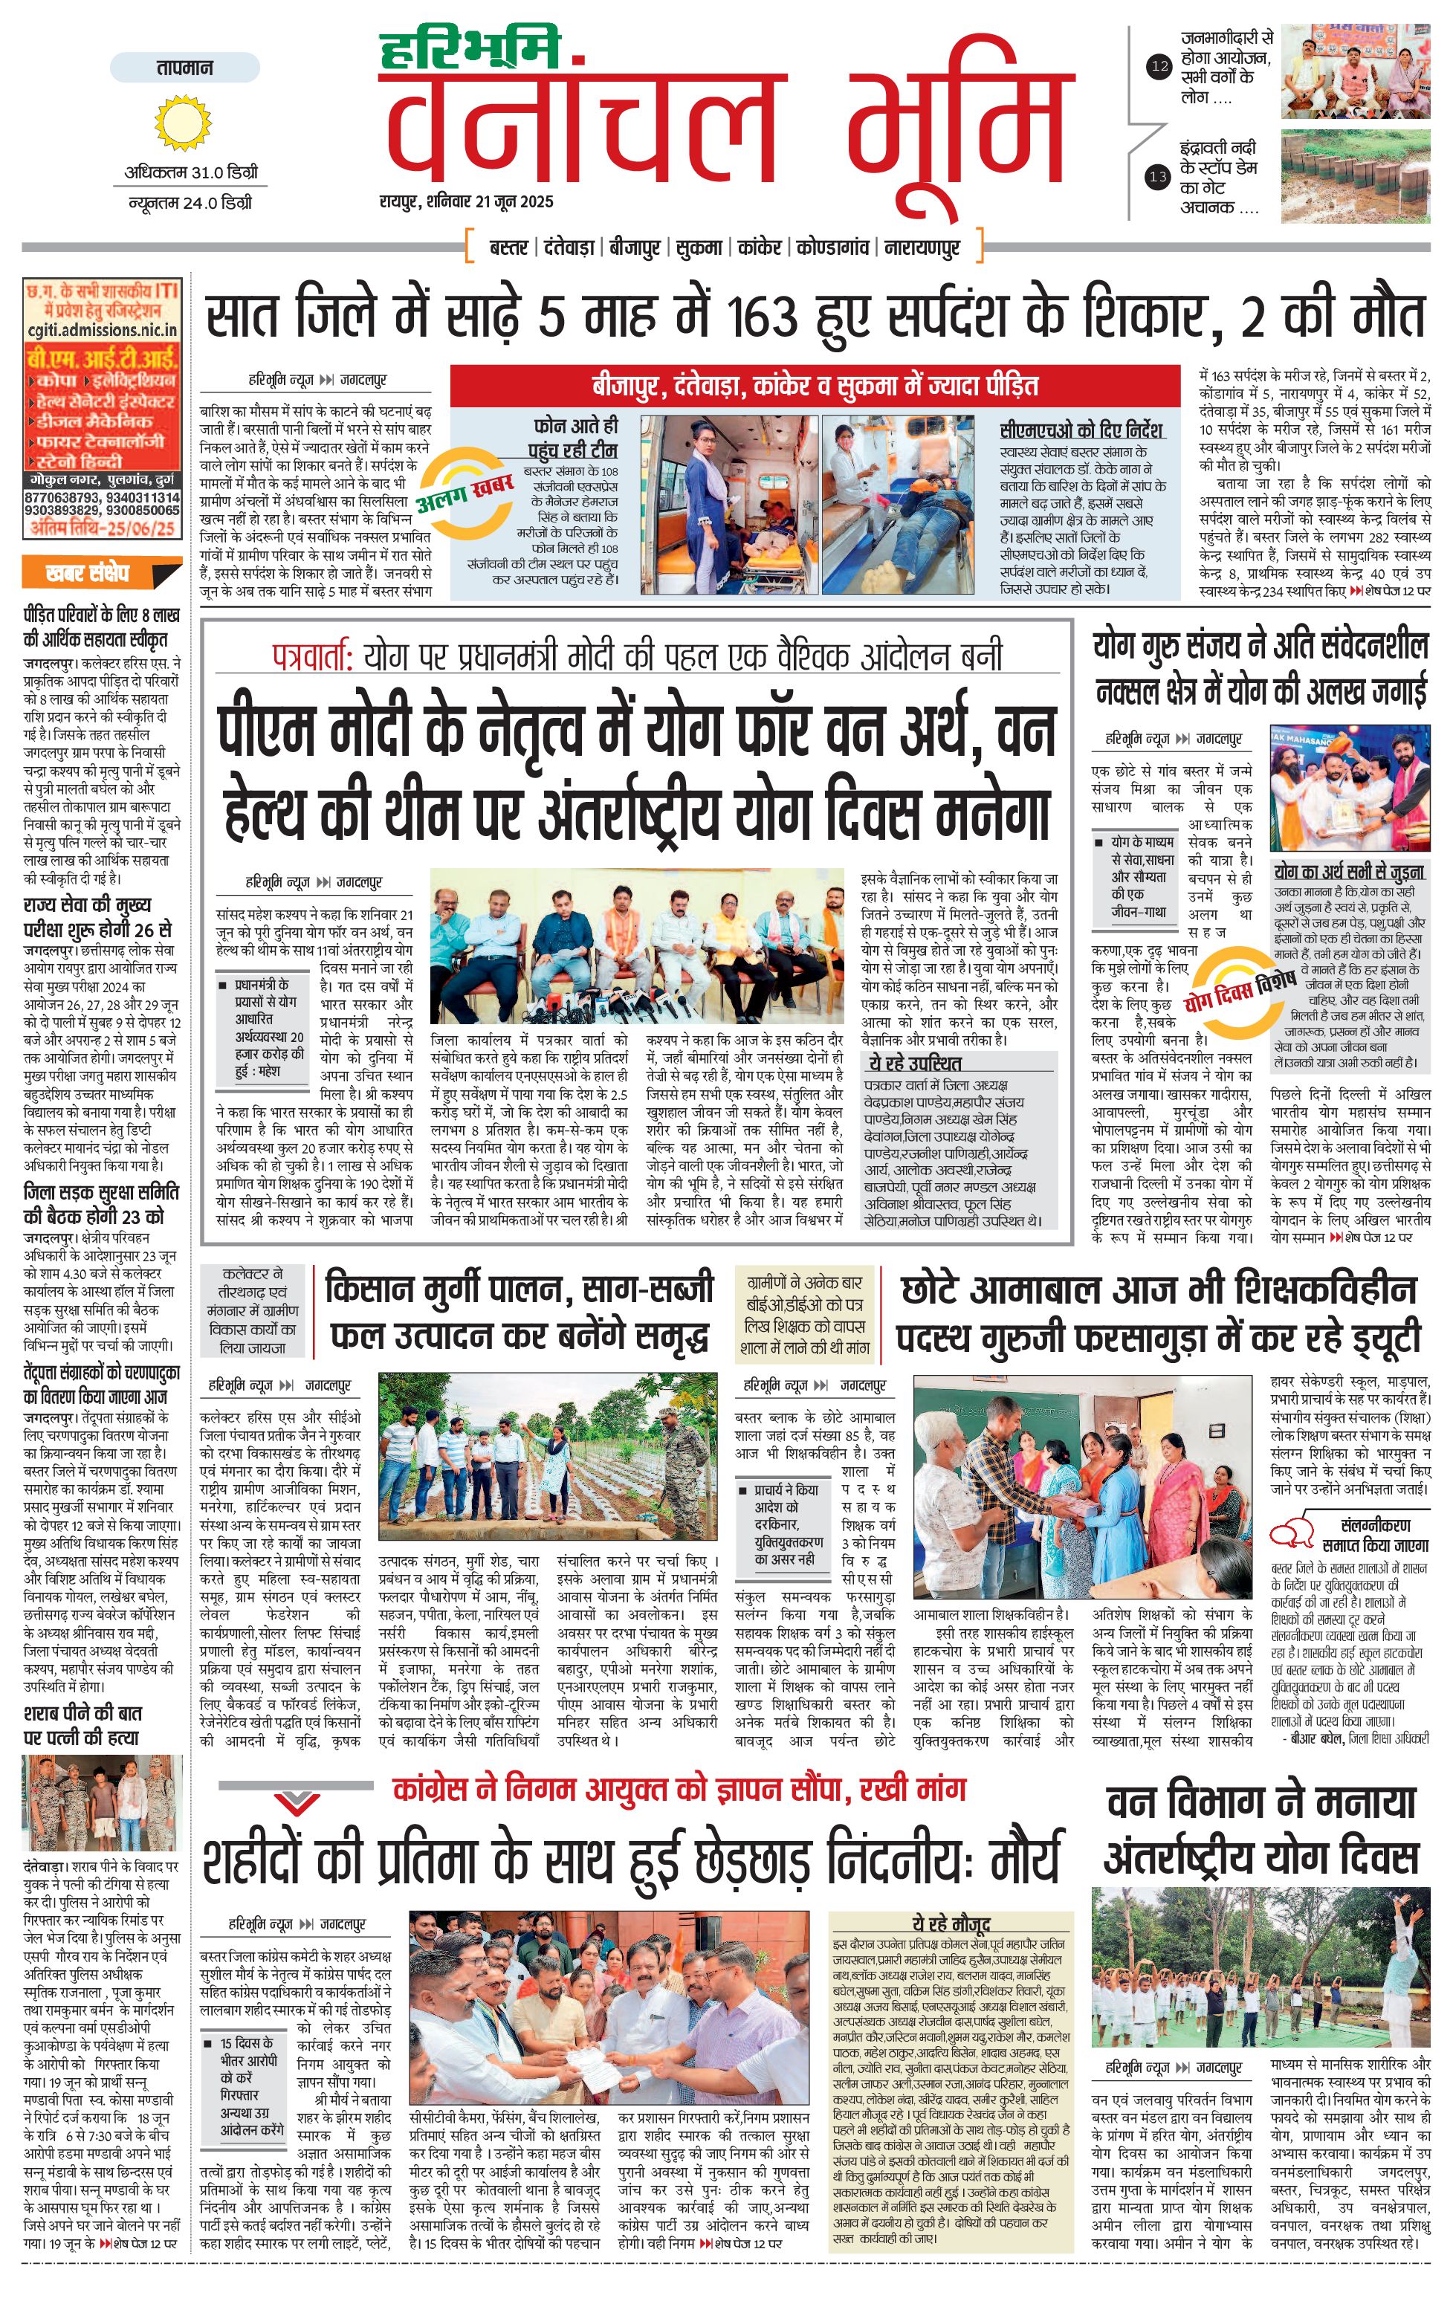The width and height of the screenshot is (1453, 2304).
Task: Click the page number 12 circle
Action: [1159, 67]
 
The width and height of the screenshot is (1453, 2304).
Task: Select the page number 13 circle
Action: [1159, 177]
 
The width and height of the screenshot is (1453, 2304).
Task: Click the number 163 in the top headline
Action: [761, 315]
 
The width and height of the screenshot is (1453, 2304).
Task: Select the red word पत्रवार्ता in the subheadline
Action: [313, 656]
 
